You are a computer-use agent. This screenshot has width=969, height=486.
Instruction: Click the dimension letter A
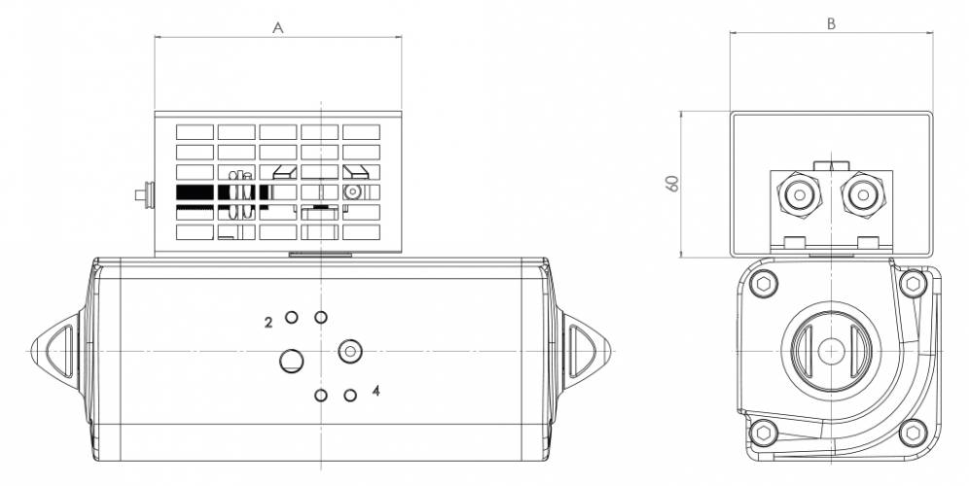pos(277,28)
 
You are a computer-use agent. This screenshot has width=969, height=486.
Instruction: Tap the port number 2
pos(269,321)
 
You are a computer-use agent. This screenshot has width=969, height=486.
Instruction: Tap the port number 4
pos(376,391)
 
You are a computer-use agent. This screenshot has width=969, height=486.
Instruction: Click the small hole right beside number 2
pos(291,318)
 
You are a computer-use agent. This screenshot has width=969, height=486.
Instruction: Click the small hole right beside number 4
pos(350,395)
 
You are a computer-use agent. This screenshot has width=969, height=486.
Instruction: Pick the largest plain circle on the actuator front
pos(291,362)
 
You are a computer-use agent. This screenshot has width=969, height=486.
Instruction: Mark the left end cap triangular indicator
pos(55,346)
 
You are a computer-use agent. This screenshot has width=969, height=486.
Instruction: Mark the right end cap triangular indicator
pos(585,346)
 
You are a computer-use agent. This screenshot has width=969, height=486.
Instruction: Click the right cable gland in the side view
pos(860,194)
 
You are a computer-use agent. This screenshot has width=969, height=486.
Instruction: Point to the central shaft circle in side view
pos(830,350)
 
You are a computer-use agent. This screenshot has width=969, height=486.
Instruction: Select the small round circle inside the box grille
pos(352,191)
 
